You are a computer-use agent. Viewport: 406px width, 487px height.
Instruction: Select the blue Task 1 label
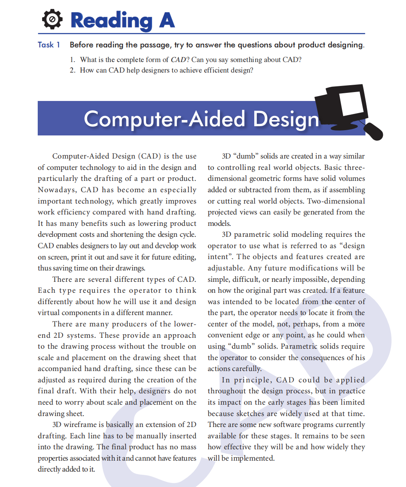coord(49,45)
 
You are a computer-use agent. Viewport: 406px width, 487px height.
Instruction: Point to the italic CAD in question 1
coord(178,60)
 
